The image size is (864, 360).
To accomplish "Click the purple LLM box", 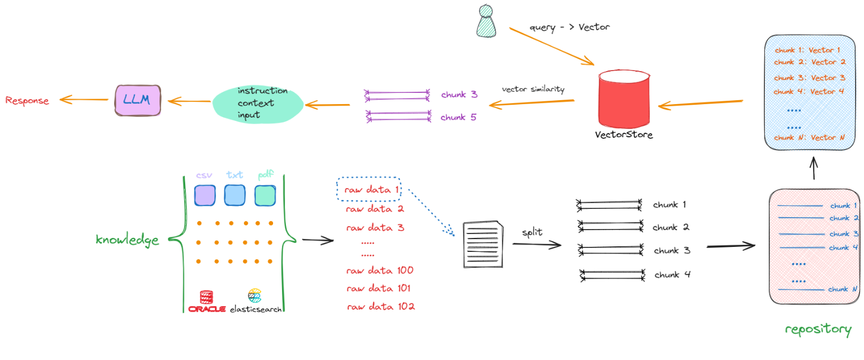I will (x=138, y=100).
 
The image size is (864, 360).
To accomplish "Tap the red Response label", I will (x=27, y=101).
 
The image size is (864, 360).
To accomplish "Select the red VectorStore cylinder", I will (x=624, y=100).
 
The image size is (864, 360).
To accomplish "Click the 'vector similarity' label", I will (x=533, y=89).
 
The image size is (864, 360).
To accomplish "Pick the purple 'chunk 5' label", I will (x=459, y=118).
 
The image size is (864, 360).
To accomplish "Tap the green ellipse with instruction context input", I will (x=257, y=103).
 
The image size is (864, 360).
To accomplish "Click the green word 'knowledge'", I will (x=127, y=240).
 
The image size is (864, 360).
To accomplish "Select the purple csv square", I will (x=204, y=195).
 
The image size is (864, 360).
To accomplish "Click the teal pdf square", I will (x=265, y=195).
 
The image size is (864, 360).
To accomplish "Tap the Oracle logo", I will (x=206, y=301).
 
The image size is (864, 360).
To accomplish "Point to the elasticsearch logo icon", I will (x=255, y=295).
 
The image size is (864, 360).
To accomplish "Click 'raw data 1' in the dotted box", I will (x=370, y=190).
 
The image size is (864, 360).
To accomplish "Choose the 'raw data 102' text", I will (x=381, y=307).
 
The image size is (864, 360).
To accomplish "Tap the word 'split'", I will (x=532, y=232).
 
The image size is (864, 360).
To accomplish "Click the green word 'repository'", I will (x=818, y=329).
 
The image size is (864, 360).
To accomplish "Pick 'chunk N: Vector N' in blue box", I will (x=809, y=137).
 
